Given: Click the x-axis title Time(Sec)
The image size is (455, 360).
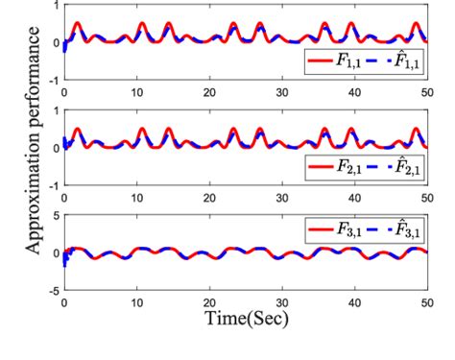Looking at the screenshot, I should tap(246, 315).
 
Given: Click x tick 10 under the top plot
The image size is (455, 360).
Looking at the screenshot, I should tap(137, 93).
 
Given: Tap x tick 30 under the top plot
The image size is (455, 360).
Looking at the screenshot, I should tap(282, 93).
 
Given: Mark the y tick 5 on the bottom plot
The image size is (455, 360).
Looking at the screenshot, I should tap(57, 217).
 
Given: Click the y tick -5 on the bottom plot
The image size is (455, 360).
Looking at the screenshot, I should tap(55, 289).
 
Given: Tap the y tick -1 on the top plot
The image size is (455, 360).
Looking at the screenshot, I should tap(55, 82).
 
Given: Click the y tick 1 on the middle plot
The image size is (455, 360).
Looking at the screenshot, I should tap(57, 111).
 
